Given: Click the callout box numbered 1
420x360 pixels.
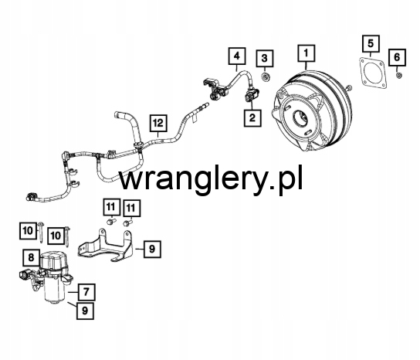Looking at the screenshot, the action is click(307, 53).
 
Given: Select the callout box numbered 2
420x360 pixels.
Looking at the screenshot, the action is click(252, 117).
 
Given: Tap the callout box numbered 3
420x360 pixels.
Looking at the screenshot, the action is click(265, 58).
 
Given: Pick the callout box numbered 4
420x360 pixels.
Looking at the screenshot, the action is click(237, 56).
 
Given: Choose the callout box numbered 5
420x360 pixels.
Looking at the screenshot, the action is click(371, 43).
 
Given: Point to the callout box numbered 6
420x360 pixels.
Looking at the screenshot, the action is click(398, 57).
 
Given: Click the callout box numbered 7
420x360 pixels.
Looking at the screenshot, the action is click(86, 292).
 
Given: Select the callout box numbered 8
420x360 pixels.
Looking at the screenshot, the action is click(32, 258).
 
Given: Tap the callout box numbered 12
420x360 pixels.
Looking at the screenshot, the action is click(158, 124).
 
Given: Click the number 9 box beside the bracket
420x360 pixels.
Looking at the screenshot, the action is click(152, 250).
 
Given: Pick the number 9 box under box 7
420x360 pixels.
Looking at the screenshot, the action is click(85, 311).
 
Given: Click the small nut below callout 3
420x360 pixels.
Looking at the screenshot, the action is click(266, 77).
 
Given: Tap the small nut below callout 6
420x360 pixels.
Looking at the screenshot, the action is click(398, 76).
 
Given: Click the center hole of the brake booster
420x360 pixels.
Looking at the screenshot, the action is click(301, 118).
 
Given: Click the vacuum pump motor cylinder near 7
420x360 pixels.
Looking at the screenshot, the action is click(55, 293).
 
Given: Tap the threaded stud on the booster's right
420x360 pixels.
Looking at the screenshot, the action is click(348, 87).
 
